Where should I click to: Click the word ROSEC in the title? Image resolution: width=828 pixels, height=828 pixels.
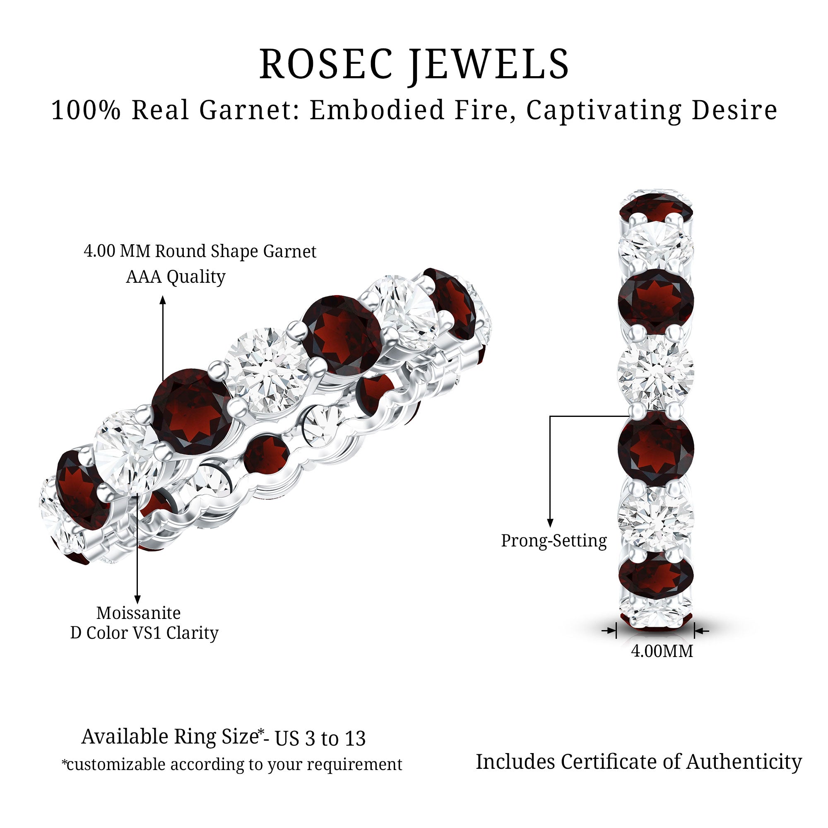tap(326, 64)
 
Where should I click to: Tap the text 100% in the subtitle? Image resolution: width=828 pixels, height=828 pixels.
tap(85, 110)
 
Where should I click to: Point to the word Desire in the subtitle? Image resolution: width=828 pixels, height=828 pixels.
tap(734, 110)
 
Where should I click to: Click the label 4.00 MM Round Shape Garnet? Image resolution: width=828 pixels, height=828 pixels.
tap(200, 251)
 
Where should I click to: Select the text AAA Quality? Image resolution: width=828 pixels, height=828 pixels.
tap(175, 277)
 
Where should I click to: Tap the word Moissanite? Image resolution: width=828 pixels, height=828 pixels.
tap(138, 612)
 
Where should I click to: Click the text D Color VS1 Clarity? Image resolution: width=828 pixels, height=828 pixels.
tap(144, 633)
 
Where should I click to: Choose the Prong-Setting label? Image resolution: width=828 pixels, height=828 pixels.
tap(554, 540)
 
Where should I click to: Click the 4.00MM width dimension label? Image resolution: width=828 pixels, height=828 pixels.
tap(662, 651)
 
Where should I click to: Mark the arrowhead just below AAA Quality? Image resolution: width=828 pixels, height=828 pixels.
tap(163, 300)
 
